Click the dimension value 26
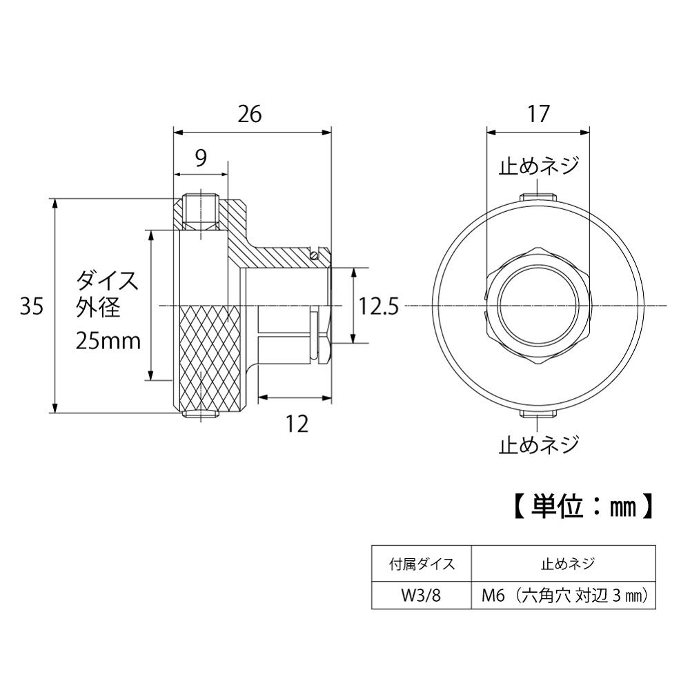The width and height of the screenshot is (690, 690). pyautogui.click(x=250, y=114)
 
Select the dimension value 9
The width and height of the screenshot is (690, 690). pyautogui.click(x=200, y=159)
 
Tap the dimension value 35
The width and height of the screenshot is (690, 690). pyautogui.click(x=32, y=306)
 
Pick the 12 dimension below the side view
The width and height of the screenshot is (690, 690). pyautogui.click(x=297, y=424)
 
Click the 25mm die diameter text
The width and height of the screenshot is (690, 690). pyautogui.click(x=108, y=340)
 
